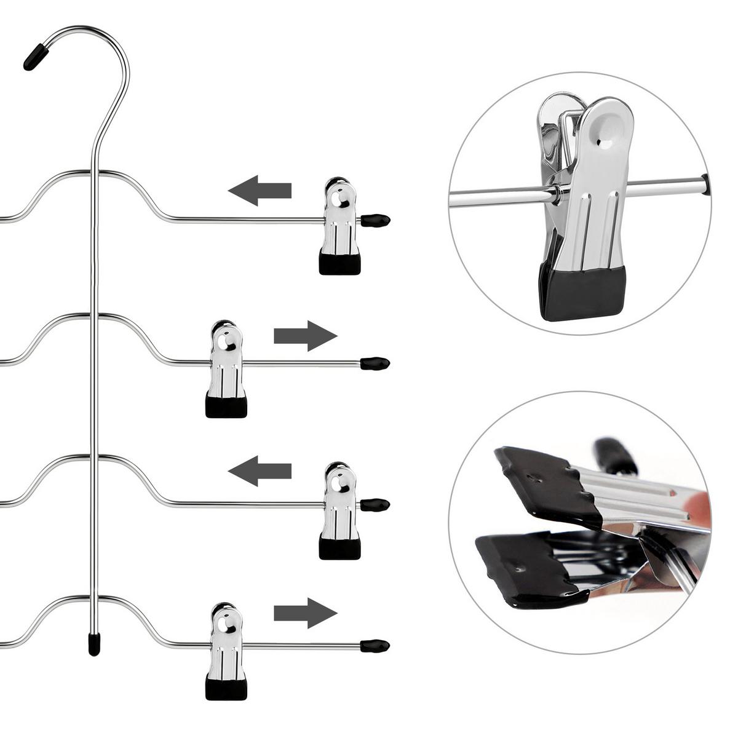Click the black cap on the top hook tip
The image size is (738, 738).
(x=36, y=56)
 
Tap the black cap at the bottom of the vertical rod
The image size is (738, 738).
(x=93, y=644)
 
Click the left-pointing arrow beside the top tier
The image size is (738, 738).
(x=260, y=189)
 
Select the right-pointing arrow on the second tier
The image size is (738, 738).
(x=306, y=336)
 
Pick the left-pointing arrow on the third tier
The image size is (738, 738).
(x=260, y=472)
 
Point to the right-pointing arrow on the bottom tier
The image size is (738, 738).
(x=306, y=613)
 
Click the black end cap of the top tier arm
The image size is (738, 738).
(x=375, y=220)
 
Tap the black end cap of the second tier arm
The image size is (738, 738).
(x=375, y=363)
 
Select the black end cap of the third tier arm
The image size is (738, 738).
(x=375, y=506)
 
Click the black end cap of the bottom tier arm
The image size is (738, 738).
(x=375, y=646)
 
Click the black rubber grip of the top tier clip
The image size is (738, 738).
(x=339, y=264)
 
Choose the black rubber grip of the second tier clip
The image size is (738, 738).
(x=226, y=407)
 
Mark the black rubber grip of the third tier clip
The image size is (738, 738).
(x=339, y=549)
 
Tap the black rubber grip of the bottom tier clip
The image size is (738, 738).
(x=226, y=689)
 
